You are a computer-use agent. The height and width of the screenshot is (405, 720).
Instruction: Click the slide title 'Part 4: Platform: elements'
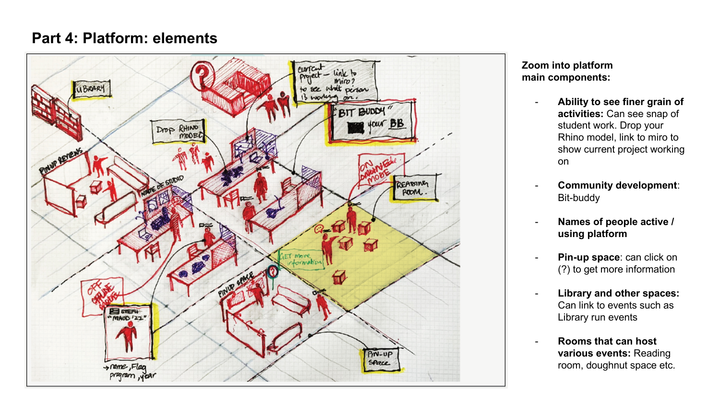click(124, 38)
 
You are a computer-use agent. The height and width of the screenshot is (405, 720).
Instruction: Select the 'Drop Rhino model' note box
click(178, 132)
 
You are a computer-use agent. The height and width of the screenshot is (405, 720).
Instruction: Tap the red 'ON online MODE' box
click(380, 170)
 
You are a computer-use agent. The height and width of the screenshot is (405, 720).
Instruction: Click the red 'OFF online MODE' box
click(102, 295)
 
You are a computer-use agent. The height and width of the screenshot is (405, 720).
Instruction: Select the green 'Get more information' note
click(301, 260)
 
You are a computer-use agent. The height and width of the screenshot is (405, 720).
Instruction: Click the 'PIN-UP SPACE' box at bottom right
click(380, 358)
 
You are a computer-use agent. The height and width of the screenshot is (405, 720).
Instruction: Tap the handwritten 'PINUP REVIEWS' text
click(61, 161)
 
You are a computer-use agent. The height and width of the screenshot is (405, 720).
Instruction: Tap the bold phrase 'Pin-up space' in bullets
click(588, 258)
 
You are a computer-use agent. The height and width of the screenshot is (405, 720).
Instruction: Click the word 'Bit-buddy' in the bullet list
click(578, 198)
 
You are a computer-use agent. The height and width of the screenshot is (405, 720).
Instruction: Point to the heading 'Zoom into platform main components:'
click(567, 71)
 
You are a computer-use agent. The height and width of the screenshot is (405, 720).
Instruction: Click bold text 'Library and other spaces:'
click(618, 294)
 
